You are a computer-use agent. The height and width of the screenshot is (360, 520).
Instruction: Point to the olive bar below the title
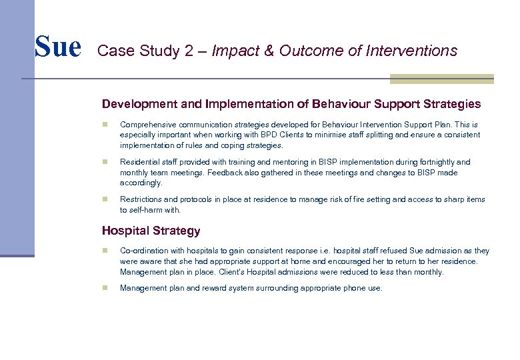click(x=441, y=79)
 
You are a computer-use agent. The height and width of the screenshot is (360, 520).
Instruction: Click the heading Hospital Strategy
click(x=151, y=231)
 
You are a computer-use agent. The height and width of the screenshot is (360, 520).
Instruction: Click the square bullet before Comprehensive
click(x=105, y=125)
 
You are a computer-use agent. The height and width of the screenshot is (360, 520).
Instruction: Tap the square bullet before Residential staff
click(x=105, y=162)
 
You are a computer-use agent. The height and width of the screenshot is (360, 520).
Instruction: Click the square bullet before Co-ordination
click(x=105, y=251)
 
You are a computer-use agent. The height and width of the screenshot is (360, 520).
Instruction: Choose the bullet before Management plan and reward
click(x=105, y=289)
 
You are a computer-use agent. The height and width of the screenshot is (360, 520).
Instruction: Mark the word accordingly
click(x=141, y=183)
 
